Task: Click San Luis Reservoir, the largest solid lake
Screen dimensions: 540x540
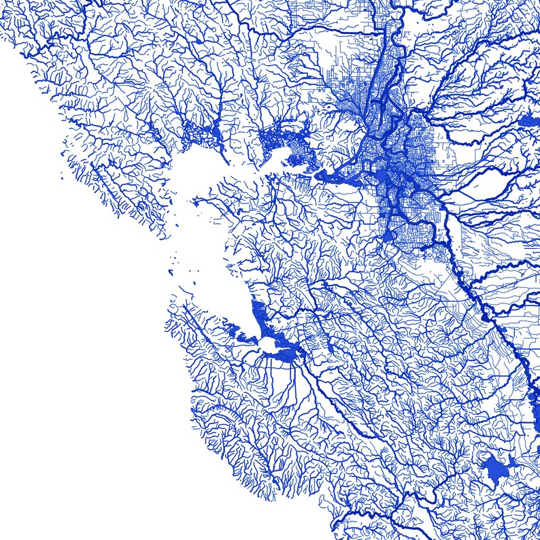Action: pos(495,467)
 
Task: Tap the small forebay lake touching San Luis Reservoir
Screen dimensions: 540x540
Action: pos(511,464)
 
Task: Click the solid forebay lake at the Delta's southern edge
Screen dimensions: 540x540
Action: pos(388,235)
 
